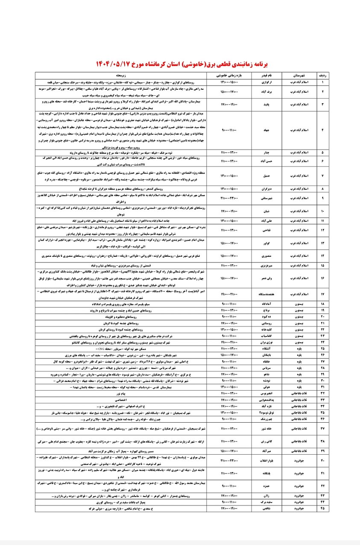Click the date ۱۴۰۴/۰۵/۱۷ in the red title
coord(112,62)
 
